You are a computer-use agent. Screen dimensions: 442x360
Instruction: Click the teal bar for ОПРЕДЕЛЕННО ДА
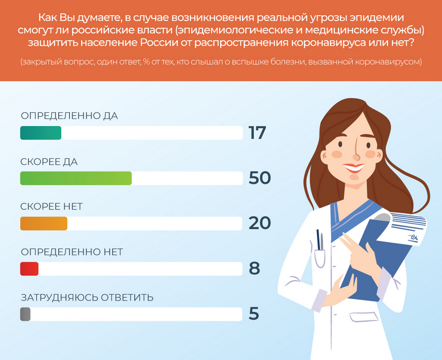pos(41,133)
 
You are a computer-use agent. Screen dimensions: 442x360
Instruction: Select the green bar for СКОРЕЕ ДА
pos(76,178)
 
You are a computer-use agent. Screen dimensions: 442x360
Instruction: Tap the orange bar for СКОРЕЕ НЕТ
pos(44,224)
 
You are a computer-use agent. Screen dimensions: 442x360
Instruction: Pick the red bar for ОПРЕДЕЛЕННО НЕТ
pos(29,269)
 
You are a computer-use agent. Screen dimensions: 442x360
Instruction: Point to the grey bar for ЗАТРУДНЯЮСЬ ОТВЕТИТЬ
pos(26,314)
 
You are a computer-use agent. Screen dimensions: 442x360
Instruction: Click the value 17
pos(257,133)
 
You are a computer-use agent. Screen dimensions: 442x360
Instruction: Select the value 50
pos(259,178)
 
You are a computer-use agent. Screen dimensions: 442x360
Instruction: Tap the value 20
pos(259,223)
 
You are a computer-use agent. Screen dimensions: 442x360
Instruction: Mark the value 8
pos(254,269)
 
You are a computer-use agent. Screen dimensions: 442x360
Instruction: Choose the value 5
pos(254,314)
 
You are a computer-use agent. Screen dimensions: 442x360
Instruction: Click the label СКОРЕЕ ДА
pos(49,162)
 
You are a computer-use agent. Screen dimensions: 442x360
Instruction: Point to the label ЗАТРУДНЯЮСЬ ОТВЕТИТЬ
pos(87,297)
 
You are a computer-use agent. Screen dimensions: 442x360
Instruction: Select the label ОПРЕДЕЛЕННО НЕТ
pos(72,252)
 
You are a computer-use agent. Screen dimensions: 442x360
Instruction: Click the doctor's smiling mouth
pos(354,168)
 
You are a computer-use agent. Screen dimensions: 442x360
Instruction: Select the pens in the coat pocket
pos(320,240)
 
